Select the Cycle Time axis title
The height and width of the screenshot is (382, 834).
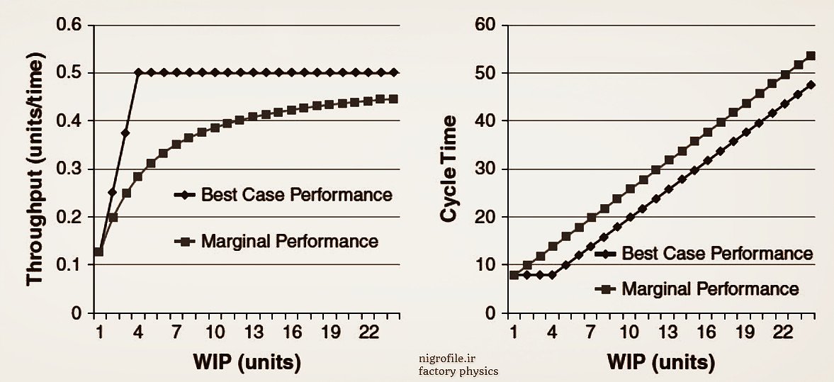449,168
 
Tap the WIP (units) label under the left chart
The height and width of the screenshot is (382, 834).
247,361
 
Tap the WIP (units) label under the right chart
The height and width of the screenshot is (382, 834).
661,361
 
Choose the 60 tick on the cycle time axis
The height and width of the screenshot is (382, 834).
489,26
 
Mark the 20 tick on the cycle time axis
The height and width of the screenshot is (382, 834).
489,217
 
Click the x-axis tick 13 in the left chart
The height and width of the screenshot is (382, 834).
253,332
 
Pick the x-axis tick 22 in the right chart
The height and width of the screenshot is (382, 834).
782,332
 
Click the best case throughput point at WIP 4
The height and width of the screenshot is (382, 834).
138,72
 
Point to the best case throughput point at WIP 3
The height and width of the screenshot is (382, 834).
125,133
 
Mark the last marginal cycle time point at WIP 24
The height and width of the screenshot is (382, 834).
811,55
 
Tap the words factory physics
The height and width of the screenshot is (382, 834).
458,371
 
